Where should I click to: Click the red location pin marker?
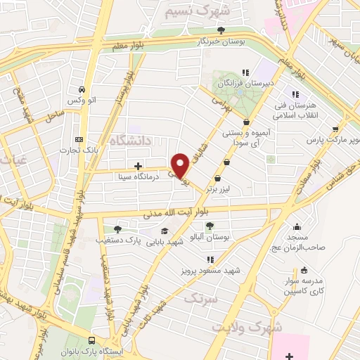181,165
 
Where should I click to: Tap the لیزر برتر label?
225,171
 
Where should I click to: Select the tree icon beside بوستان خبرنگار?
221,29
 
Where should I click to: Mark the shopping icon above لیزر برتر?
226,161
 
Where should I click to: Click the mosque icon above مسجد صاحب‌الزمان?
298,226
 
